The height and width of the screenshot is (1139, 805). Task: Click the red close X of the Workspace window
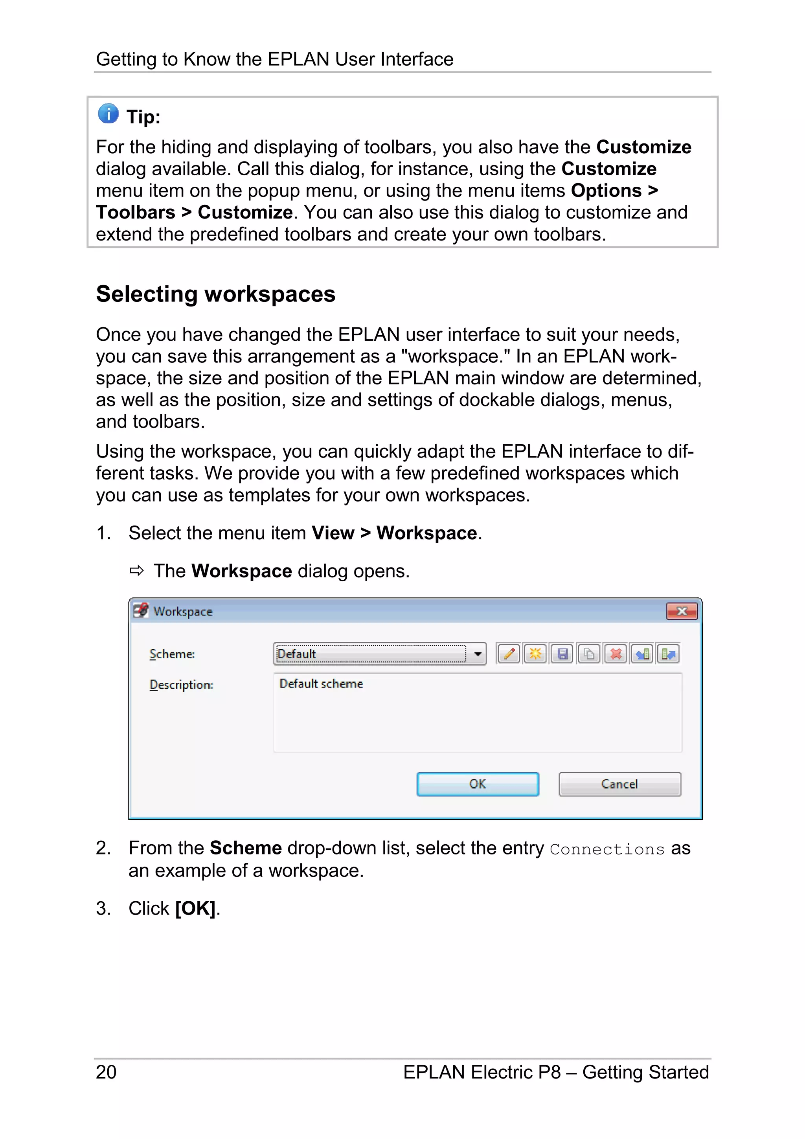pos(682,611)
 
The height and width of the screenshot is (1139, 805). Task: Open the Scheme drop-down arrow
pos(478,654)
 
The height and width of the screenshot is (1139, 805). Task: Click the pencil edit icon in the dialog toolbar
pos(508,654)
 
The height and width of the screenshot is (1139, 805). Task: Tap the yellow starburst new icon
pos(535,654)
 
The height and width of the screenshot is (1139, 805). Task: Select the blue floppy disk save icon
pos(562,654)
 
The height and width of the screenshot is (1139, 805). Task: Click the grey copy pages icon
pos(589,654)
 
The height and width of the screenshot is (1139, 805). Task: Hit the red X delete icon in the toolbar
pos(616,654)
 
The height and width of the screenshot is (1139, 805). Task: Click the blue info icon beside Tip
pos(108,114)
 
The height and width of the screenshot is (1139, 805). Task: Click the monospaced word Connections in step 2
pos(607,849)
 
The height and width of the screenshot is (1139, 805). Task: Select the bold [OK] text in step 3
pos(195,908)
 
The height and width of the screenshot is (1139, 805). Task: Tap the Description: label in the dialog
pos(181,685)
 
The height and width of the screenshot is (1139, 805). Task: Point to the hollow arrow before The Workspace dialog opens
pos(136,571)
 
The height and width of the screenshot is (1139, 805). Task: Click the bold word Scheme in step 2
pos(246,848)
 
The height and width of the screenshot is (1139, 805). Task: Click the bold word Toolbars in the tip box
pos(135,212)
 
